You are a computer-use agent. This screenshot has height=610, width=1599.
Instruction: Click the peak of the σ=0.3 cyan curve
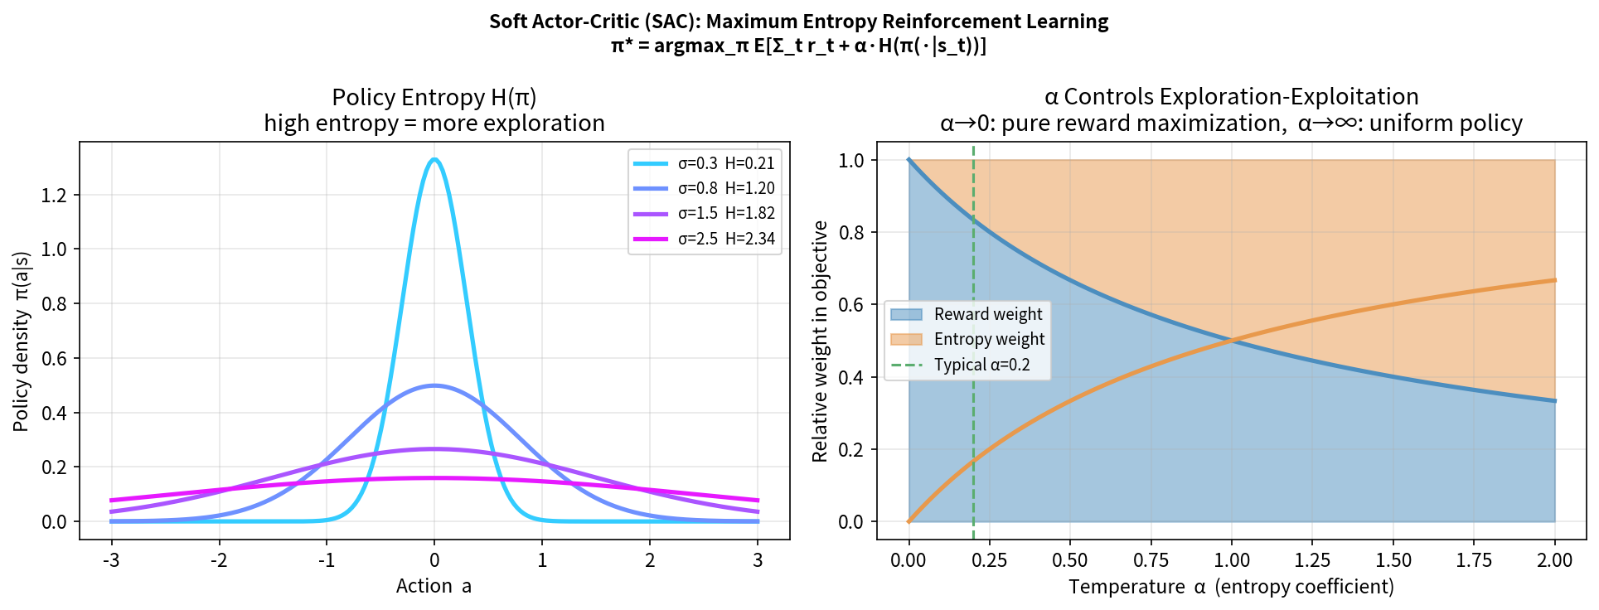[434, 159]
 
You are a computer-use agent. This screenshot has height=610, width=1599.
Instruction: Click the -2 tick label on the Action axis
[219, 560]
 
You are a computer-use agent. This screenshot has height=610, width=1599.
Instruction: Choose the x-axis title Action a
[434, 586]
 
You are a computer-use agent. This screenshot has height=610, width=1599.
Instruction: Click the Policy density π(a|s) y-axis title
[21, 341]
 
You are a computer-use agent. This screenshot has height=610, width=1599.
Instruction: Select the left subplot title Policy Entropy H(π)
[434, 97]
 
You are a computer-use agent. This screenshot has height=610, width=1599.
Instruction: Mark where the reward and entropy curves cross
[1232, 341]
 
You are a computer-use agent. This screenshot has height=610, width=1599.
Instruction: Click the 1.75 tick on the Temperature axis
[1474, 560]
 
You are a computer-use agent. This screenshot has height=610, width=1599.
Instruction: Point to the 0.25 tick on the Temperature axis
[989, 560]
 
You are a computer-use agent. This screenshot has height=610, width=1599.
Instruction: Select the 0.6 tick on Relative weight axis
[851, 305]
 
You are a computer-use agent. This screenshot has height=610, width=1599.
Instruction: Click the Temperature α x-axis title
[1231, 586]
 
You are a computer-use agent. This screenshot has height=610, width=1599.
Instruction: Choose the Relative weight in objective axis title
[820, 341]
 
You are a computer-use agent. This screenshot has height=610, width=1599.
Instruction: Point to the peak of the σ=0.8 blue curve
[434, 385]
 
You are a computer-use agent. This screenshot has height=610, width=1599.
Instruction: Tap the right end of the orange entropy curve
[1554, 280]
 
